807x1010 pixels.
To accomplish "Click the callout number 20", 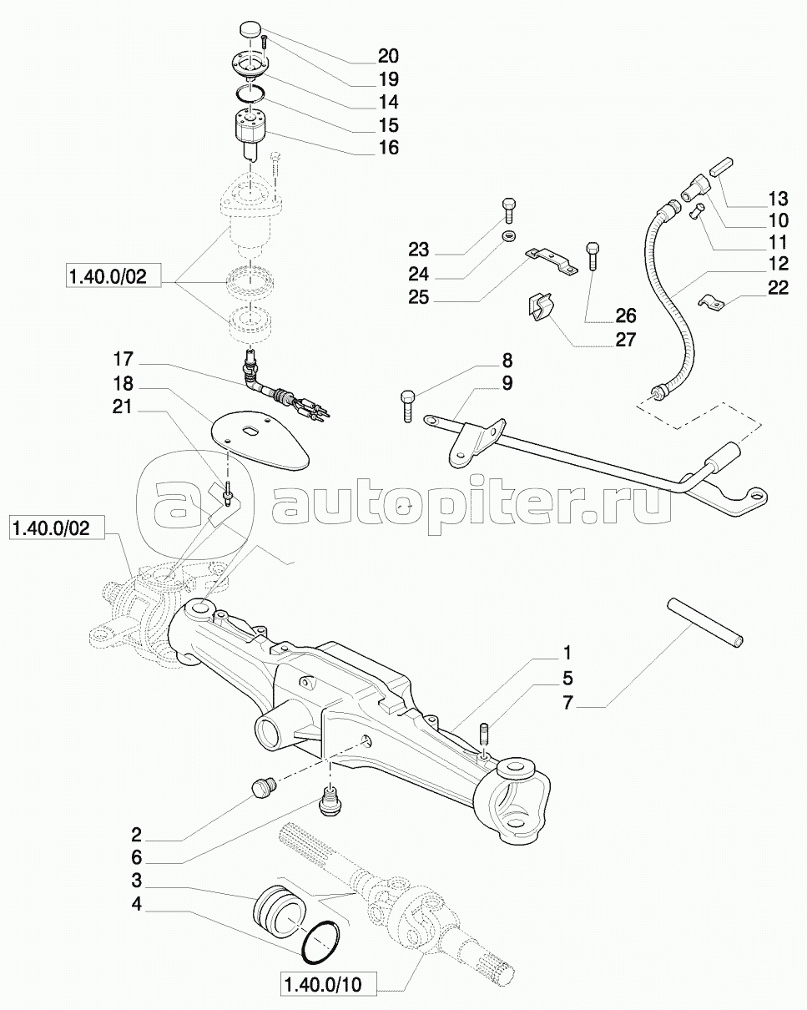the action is tap(389, 56).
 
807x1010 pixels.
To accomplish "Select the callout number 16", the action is tap(389, 148).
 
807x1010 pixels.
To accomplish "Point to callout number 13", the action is tap(779, 199).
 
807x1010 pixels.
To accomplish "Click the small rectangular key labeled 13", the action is tap(722, 166).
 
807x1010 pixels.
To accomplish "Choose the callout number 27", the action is tap(625, 340).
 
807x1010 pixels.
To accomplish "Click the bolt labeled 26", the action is tap(593, 255).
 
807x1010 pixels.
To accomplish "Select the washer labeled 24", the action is tap(508, 236).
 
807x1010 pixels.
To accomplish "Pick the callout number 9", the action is tap(507, 383).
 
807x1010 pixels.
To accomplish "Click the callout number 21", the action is tap(122, 407).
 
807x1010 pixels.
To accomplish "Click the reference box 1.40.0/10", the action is tap(329, 982).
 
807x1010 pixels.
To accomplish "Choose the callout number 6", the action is tap(137, 857).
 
